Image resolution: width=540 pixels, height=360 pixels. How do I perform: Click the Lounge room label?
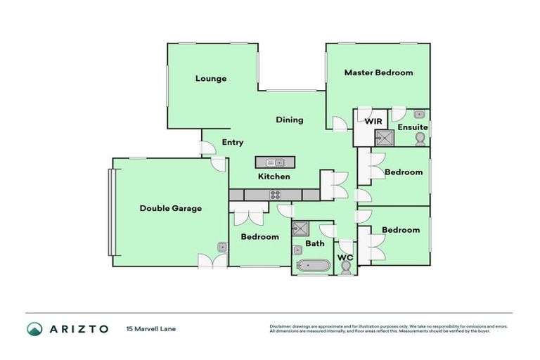click(211, 79)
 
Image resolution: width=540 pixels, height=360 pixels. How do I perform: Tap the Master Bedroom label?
click(378, 72)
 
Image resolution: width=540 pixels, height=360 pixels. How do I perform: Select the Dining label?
click(289, 120)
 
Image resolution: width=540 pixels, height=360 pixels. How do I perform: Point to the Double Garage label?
click(170, 208)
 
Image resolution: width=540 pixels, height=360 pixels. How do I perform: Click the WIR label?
click(373, 122)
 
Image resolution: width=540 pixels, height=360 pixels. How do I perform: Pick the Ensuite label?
click(412, 127)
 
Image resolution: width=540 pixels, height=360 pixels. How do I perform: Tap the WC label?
click(345, 258)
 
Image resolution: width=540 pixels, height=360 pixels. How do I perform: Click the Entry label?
click(233, 143)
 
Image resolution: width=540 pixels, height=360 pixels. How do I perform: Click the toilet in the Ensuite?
click(420, 139)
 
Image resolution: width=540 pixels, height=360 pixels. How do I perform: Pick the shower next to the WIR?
click(385, 137)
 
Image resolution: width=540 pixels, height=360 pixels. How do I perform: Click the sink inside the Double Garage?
click(221, 247)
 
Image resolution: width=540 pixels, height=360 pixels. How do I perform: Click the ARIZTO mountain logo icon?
click(34, 329)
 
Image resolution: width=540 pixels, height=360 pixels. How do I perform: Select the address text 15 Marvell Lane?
click(152, 329)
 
